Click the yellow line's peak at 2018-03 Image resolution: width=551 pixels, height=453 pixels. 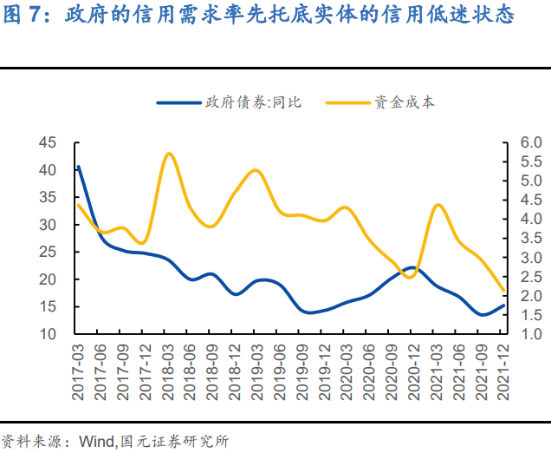169,154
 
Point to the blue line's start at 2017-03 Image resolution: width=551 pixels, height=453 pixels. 78,167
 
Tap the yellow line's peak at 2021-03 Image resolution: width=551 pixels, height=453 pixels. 438,205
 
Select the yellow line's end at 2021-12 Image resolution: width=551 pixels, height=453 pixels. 503,291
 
